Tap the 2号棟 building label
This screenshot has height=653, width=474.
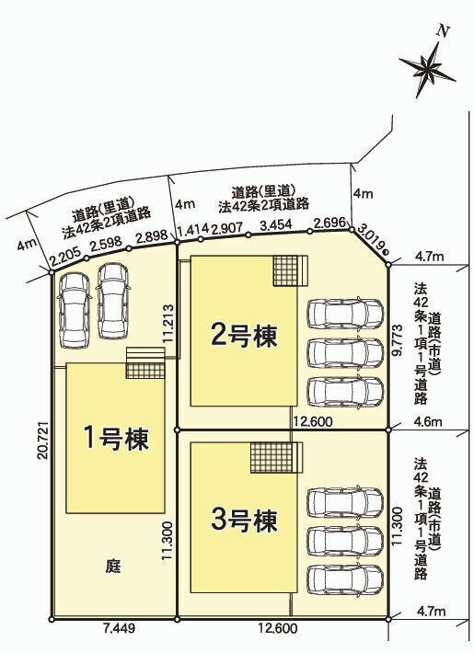coord(244,336)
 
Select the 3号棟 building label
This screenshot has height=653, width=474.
coord(244,521)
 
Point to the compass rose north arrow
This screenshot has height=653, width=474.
coord(427,65)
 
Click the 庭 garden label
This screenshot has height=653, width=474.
coord(113,567)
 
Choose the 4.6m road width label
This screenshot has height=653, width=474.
coord(430,422)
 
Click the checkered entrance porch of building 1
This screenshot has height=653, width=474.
coord(145,370)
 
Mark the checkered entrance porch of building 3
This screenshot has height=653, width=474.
coord(272,457)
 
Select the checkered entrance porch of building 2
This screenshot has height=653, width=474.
coord(285,270)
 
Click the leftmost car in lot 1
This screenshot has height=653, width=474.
coord(75,311)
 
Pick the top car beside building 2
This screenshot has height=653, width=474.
coord(345,314)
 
